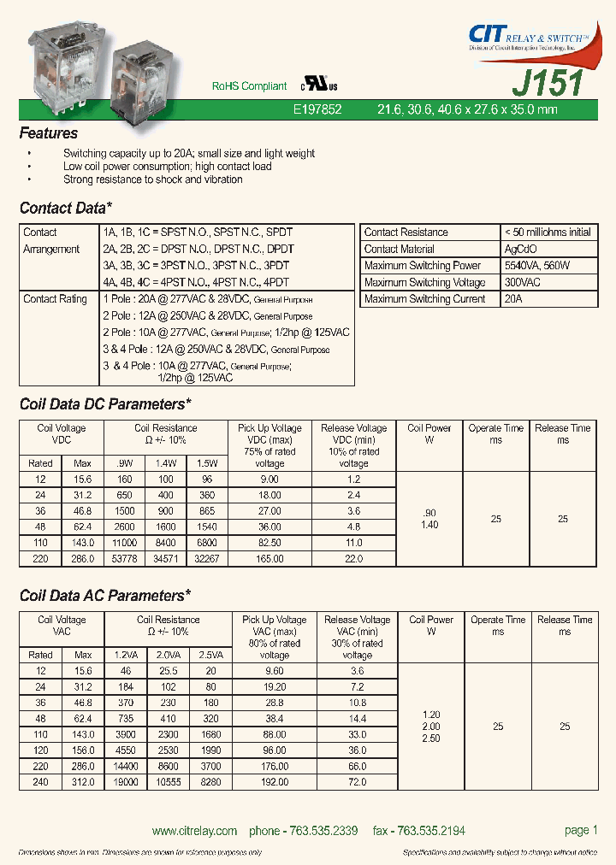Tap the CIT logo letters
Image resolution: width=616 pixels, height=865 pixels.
488,33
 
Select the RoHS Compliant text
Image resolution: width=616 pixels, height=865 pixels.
249,86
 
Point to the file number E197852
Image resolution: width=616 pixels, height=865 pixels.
317,110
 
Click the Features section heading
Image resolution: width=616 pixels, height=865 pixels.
49,133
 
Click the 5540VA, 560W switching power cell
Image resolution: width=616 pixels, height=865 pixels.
537,266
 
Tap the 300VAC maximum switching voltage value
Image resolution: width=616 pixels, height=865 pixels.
524,283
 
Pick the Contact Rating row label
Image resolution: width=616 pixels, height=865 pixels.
55,299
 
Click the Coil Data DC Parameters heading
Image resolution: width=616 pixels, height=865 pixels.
104,404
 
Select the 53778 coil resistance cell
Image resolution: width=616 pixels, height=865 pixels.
125,559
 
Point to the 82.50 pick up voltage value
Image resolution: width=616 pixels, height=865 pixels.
269,543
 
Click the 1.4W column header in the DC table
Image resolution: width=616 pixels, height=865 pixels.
165,462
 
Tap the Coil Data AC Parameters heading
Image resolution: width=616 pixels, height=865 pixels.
104,596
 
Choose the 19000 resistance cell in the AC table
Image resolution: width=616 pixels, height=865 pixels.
126,782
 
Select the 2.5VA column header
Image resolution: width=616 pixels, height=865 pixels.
210,654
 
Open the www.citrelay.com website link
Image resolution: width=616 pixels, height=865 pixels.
194,831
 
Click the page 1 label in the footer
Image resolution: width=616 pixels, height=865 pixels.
581,830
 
